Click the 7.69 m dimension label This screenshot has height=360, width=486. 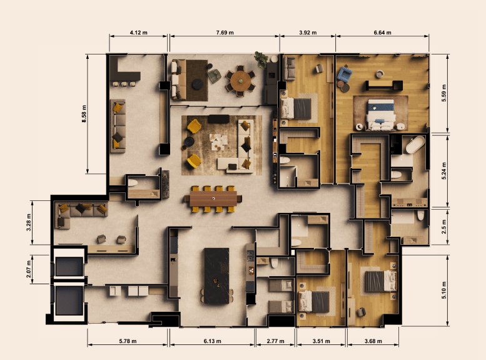pyautogui.click(x=225, y=33)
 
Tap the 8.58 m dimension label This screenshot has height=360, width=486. pyautogui.click(x=84, y=114)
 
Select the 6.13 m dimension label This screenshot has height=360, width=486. pyautogui.click(x=212, y=341)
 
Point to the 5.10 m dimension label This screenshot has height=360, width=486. pyautogui.click(x=444, y=290)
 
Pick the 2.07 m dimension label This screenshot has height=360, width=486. pyautogui.click(x=29, y=269)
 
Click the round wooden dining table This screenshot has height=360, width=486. pyautogui.click(x=241, y=80)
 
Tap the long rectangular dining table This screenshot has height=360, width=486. pyautogui.click(x=213, y=198)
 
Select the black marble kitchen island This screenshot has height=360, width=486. pyautogui.click(x=216, y=275)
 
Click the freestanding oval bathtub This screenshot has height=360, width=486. pyautogui.click(x=415, y=145)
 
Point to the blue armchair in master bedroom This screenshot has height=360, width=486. pyautogui.click(x=345, y=75)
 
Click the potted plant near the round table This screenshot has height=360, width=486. pyautogui.click(x=261, y=59)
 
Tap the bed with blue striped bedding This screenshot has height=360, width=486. pyautogui.click(x=381, y=115)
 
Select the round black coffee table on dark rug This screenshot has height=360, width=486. pyautogui.click(x=198, y=84)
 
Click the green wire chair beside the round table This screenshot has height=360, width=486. pyautogui.click(x=214, y=76)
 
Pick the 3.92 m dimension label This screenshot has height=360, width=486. pyautogui.click(x=308, y=33)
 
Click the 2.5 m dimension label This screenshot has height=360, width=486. pyautogui.click(x=444, y=227)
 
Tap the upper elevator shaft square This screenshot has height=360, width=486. pyautogui.click(x=69, y=266)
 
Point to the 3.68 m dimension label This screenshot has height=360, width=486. pyautogui.click(x=373, y=341)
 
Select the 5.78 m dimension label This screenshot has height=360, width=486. pyautogui.click(x=128, y=341)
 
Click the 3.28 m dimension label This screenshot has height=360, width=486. pyautogui.click(x=29, y=222)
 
